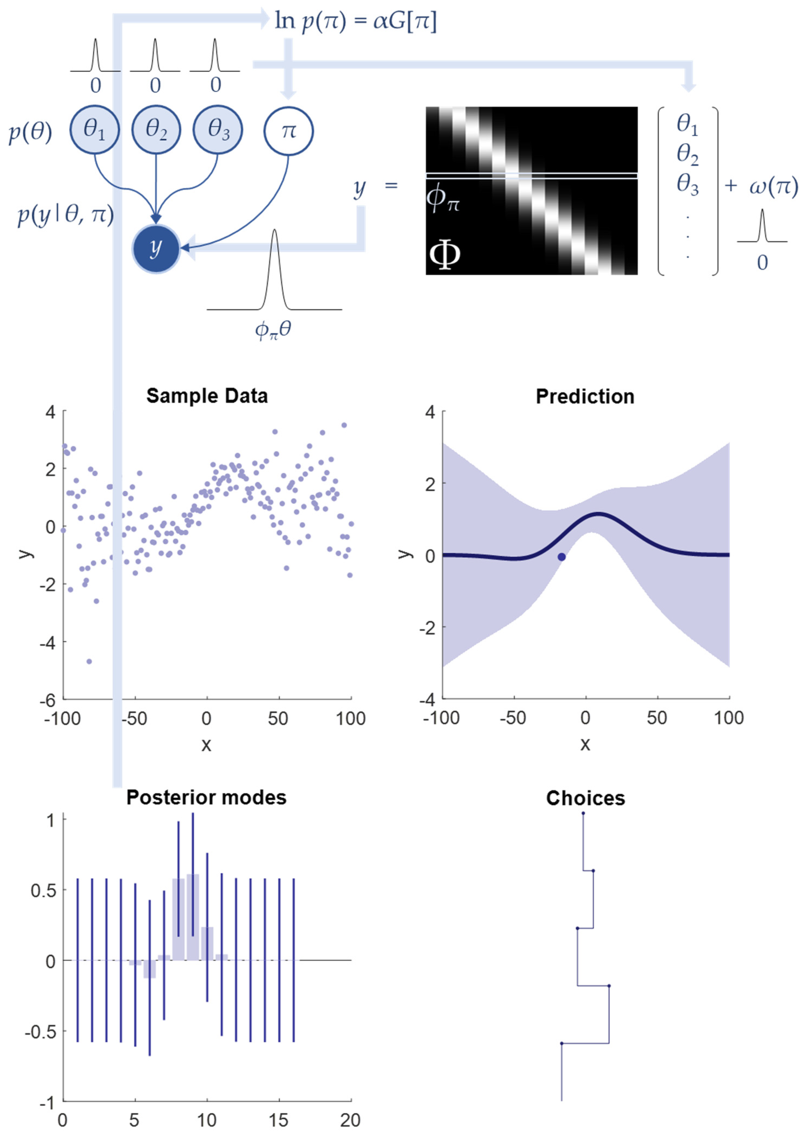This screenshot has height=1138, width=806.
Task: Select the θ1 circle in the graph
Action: (x=94, y=130)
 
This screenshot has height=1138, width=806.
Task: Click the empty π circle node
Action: (x=288, y=131)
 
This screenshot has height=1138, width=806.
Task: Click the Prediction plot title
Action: (x=585, y=397)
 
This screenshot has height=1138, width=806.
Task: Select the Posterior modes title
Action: (x=206, y=797)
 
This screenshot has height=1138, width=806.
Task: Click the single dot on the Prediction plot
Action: (x=561, y=557)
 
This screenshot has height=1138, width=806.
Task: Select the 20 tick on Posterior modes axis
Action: (x=350, y=1120)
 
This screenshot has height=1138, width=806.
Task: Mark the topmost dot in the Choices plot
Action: (x=583, y=813)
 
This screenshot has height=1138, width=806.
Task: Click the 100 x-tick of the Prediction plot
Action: (x=728, y=718)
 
